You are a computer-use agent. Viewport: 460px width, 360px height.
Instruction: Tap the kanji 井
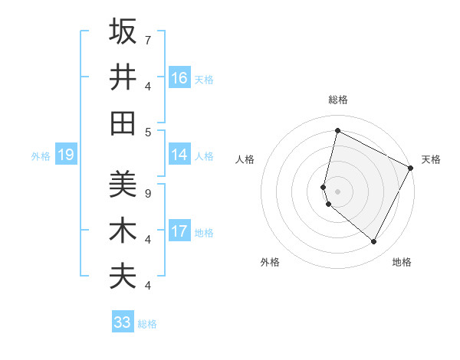click(x=123, y=77)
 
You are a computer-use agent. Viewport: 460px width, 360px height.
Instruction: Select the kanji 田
click(x=123, y=123)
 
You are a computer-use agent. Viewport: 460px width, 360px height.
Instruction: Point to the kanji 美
click(x=123, y=185)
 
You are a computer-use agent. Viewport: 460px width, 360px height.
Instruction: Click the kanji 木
click(x=123, y=231)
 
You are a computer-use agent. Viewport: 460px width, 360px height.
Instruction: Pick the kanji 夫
click(x=123, y=277)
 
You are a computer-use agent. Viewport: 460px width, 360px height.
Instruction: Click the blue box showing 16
click(x=179, y=78)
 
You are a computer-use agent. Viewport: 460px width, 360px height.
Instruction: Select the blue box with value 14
click(x=179, y=155)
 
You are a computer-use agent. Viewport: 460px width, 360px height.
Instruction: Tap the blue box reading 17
click(x=179, y=231)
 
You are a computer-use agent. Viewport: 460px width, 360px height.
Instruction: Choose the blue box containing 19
click(x=66, y=155)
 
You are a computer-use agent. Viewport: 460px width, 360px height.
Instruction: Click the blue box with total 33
click(x=123, y=322)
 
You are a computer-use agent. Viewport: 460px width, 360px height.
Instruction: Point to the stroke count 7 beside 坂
click(x=147, y=39)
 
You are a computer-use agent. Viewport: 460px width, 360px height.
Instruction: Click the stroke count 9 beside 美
click(x=147, y=193)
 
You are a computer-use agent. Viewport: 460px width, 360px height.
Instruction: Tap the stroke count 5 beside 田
click(x=147, y=132)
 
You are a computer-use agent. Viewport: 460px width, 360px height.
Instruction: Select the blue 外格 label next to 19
click(x=41, y=156)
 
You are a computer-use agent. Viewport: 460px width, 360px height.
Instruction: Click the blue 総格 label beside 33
click(x=147, y=324)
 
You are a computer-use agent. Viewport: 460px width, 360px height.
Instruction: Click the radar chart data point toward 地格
click(x=374, y=242)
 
